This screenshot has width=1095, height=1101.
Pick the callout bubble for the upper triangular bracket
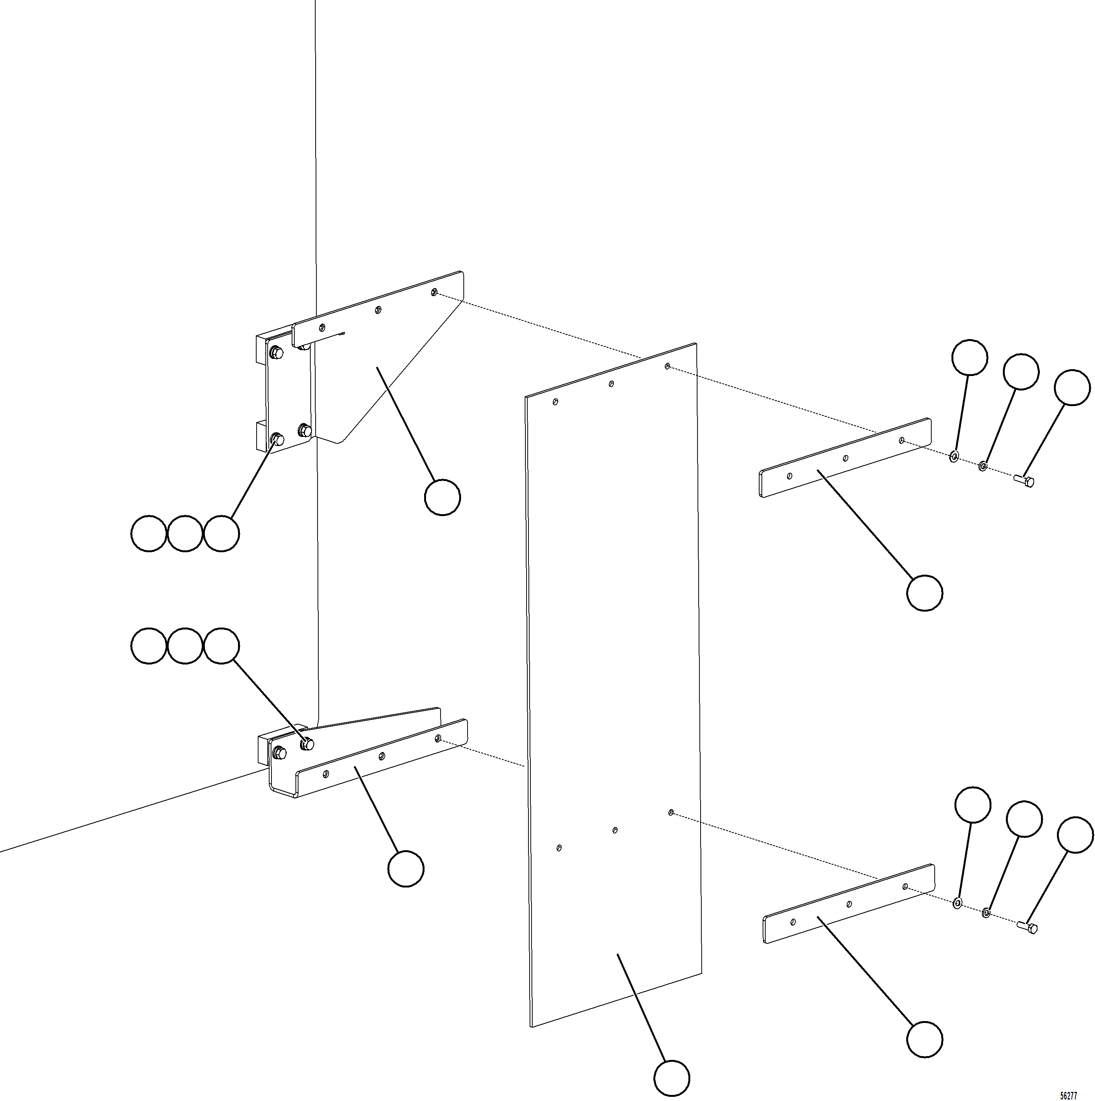(x=442, y=497)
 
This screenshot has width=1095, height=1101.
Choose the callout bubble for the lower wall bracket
(x=406, y=868)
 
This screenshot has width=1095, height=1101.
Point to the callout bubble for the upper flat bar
(x=924, y=593)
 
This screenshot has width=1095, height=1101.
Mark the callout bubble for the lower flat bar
(x=924, y=1039)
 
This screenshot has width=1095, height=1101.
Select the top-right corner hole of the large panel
(x=667, y=366)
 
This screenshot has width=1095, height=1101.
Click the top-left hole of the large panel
(x=556, y=402)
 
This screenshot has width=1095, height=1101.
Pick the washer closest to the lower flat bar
(x=957, y=903)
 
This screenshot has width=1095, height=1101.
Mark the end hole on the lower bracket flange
(x=438, y=739)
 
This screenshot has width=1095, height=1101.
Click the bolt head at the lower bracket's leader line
(x=307, y=743)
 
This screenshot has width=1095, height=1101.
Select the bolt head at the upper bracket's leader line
(x=278, y=439)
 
